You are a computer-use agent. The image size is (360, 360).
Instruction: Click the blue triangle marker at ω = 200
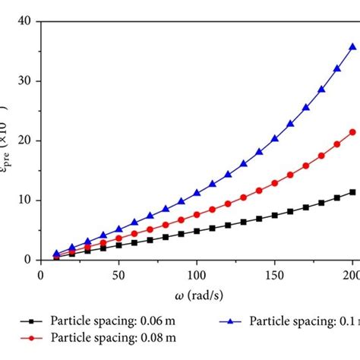[352, 46]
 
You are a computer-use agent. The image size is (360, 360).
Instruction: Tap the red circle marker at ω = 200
[352, 131]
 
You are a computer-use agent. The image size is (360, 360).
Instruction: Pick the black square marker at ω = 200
[352, 192]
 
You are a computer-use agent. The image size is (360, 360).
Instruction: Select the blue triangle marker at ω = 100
[197, 193]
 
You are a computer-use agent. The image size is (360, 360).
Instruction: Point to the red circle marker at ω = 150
[274, 183]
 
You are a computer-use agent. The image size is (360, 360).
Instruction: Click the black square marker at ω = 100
[197, 231]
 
